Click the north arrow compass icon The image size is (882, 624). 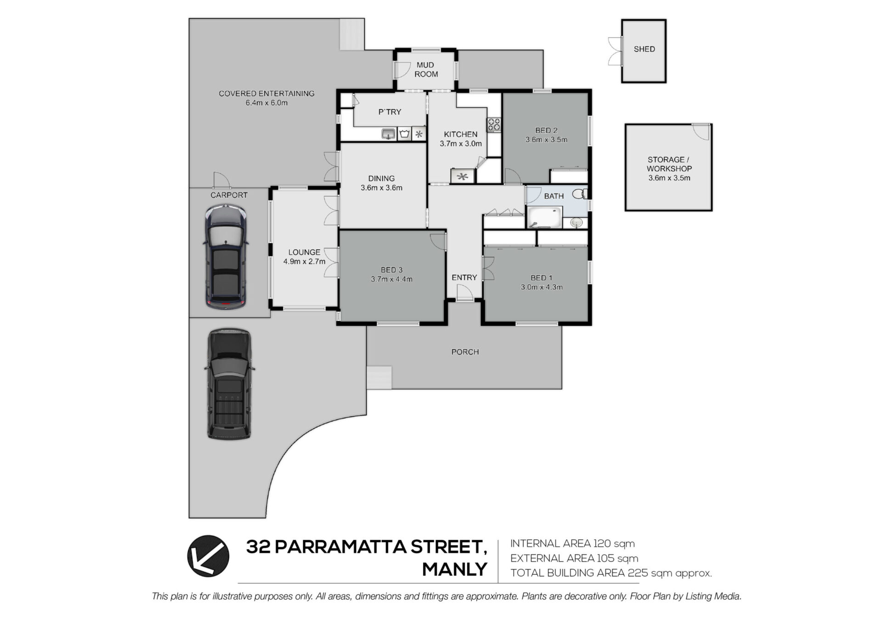208,556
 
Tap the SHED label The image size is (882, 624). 644,49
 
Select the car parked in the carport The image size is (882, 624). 226,256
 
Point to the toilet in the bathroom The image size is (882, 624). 580,194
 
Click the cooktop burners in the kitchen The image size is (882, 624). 494,125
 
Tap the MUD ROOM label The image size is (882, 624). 426,69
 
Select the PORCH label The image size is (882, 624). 465,352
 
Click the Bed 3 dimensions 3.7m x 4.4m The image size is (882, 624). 391,279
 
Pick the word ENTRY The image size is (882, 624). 464,278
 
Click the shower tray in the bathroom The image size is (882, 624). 544,217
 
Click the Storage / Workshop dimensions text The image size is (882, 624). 669,178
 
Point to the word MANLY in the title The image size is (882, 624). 454,569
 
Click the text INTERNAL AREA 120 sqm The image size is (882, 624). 572,544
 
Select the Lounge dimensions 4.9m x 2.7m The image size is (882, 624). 304,261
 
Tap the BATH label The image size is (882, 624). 554,196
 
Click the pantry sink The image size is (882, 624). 389,134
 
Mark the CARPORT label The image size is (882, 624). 229,195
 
